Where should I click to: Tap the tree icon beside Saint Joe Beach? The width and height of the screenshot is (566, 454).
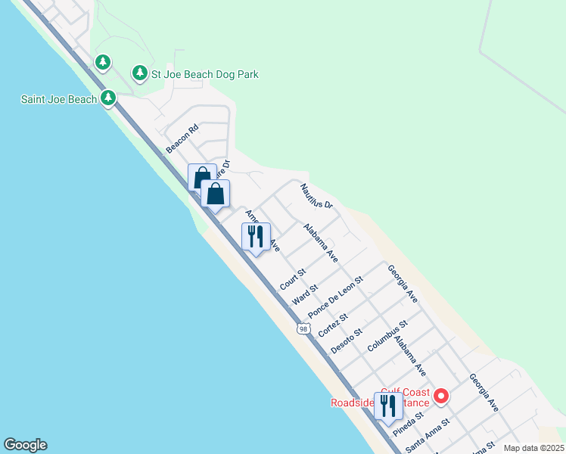[x=109, y=98]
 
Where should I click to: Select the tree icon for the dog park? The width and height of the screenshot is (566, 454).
[x=139, y=73]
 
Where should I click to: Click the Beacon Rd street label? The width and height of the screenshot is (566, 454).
[x=182, y=138]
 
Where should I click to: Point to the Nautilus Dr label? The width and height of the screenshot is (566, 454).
[x=316, y=195]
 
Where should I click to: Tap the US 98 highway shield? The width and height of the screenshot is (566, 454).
[x=303, y=328]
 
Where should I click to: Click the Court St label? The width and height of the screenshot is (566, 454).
[x=292, y=278]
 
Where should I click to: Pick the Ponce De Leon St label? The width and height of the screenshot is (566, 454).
[x=335, y=297]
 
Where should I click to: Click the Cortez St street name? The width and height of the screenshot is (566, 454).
[x=332, y=325]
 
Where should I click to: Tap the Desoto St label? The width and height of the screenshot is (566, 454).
[x=347, y=340]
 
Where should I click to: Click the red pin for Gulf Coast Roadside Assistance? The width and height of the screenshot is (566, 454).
[x=440, y=396]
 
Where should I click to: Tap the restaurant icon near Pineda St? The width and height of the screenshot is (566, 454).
[x=388, y=406]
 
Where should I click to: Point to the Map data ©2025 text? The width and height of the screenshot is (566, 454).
[x=533, y=448]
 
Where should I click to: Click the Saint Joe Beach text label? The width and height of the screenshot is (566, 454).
[x=58, y=99]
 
